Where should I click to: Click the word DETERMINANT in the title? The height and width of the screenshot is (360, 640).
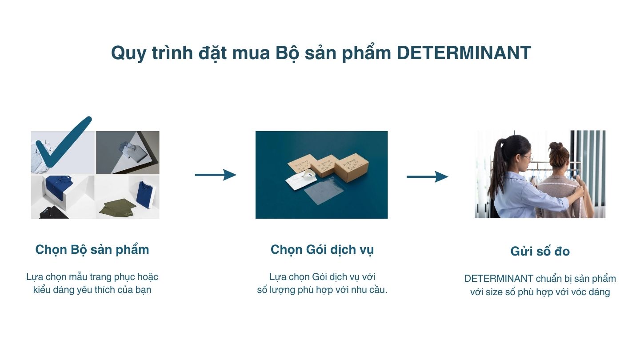[464, 53]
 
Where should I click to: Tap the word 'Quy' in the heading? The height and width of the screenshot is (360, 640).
[128, 53]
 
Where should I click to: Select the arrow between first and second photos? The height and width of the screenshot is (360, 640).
[216, 175]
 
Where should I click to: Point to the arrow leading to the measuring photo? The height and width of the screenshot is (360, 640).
[427, 176]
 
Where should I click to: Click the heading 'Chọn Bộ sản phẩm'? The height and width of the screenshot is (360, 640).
[92, 250]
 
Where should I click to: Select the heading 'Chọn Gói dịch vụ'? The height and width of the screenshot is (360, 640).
[322, 250]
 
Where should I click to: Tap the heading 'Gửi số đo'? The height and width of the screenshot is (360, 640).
[540, 251]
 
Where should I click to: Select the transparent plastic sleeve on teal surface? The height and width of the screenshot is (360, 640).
[324, 191]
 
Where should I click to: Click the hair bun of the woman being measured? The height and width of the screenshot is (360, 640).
[556, 146]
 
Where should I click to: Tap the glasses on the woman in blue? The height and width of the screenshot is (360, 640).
[528, 157]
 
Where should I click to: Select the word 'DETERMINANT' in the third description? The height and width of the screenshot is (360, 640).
[499, 278]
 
